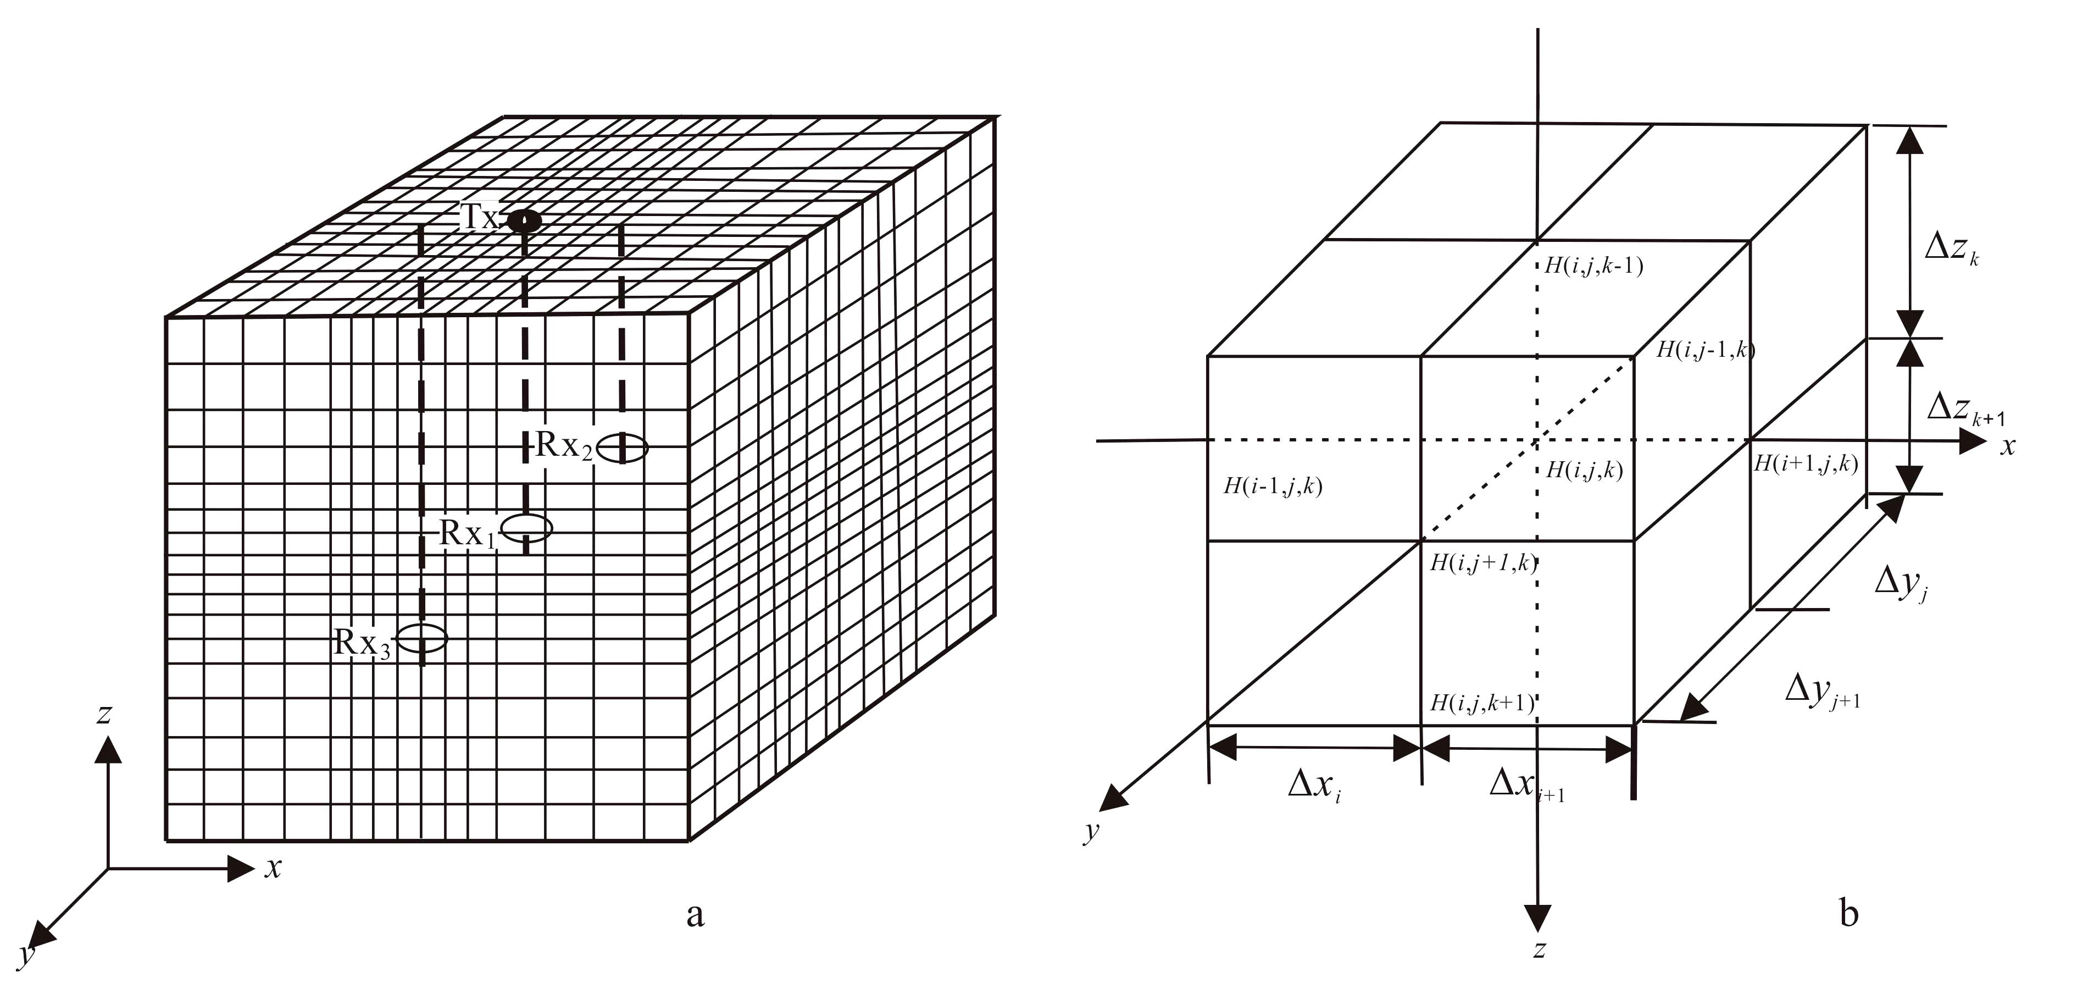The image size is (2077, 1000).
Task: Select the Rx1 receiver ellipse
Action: pos(526,528)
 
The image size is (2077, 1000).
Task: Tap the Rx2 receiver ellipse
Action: pos(621,447)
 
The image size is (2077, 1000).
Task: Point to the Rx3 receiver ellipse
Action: pos(421,639)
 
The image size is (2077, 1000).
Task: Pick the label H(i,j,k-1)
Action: pos(1593,266)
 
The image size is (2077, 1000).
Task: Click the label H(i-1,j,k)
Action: pos(1273,487)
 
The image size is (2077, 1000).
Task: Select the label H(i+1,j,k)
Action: pos(1806,463)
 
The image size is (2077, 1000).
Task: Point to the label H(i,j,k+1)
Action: pos(1482,703)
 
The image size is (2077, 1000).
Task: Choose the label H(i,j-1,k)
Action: pos(1704,350)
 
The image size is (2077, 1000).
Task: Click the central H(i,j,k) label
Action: pos(1584,470)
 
